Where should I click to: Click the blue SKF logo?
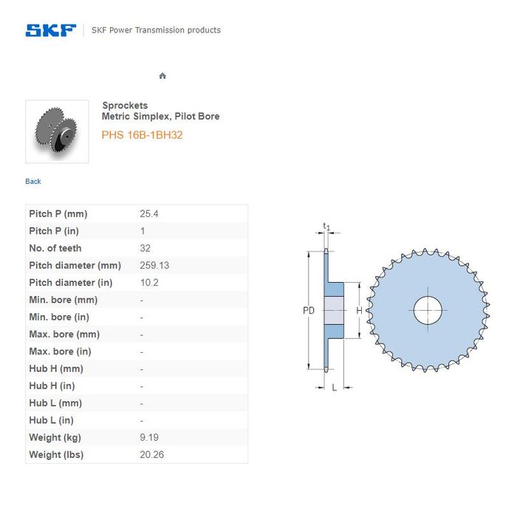point(51,30)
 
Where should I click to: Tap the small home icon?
point(162,76)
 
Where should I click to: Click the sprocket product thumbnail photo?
point(57,131)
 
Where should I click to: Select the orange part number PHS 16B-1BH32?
point(142,135)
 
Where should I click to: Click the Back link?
point(33,182)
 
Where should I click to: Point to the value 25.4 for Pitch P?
point(149,213)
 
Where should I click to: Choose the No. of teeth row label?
point(55,248)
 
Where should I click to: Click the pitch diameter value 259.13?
point(154,265)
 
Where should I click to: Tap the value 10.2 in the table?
point(149,283)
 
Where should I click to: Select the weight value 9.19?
point(149,437)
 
